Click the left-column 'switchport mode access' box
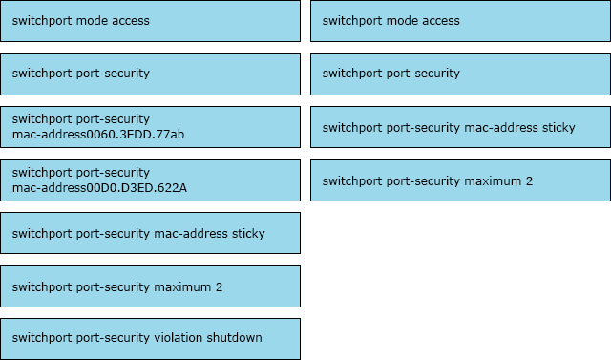[x=150, y=20]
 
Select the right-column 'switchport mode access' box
[x=460, y=20]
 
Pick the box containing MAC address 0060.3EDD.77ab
[x=150, y=126]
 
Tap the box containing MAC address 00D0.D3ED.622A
[x=150, y=180]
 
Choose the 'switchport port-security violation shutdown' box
[x=150, y=338]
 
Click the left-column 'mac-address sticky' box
[x=150, y=233]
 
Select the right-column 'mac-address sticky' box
[x=460, y=127]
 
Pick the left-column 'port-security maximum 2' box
[x=150, y=286]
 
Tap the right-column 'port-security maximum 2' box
[x=460, y=180]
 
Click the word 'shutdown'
[x=235, y=338]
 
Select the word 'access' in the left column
[x=130, y=20]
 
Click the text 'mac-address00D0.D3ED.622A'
[x=99, y=187]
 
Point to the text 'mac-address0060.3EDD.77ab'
[x=98, y=134]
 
